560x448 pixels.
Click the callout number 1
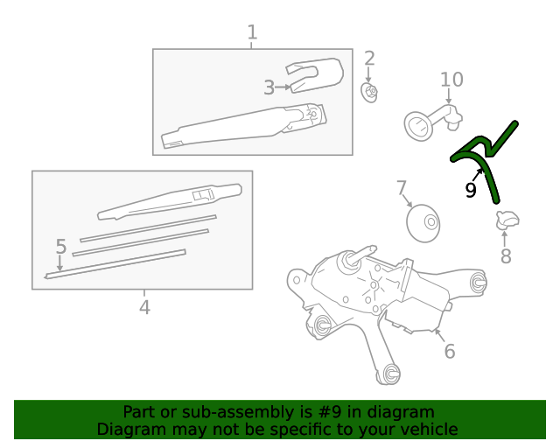click(x=252, y=32)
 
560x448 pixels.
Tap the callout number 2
click(x=369, y=59)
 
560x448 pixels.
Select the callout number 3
click(x=269, y=87)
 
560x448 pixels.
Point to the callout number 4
click(x=144, y=307)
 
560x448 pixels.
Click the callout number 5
click(x=61, y=247)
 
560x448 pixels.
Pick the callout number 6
click(x=449, y=351)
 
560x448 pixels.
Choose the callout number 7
click(x=402, y=187)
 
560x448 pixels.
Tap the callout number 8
click(x=506, y=255)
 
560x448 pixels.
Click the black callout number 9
click(x=471, y=190)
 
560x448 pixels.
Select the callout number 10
click(x=451, y=80)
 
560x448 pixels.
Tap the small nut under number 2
click(x=369, y=93)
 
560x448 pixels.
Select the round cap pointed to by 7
click(x=423, y=223)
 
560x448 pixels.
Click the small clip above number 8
click(x=507, y=220)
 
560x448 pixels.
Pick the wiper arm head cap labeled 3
click(x=315, y=75)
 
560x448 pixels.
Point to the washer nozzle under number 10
click(x=433, y=122)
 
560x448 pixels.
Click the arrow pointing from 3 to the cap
click(x=283, y=87)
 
